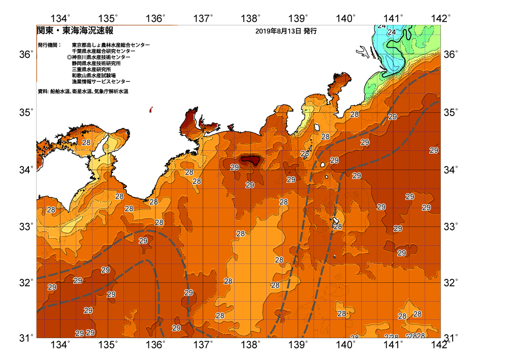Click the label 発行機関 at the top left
click(49, 45)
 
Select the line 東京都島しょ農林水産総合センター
click(111, 45)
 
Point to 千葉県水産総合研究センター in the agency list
click(104, 51)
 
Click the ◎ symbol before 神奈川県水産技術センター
click(69, 57)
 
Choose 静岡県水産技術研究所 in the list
click(100, 63)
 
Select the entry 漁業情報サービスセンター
click(101, 82)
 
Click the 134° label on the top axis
click(60, 19)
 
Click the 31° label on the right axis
click(451, 337)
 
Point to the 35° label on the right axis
click(451, 111)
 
